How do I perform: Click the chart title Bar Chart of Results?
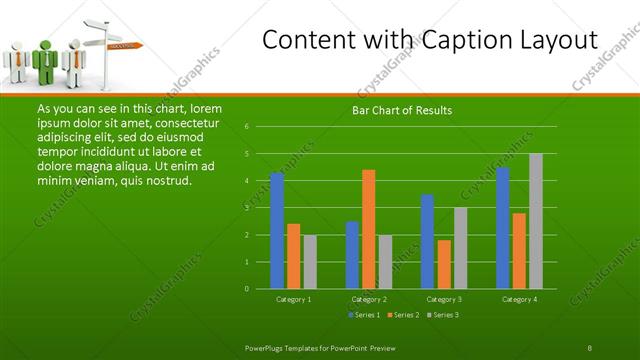click(x=401, y=110)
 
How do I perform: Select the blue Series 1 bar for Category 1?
click(x=277, y=230)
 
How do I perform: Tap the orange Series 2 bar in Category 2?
click(x=368, y=229)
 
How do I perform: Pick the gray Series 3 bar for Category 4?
click(x=535, y=221)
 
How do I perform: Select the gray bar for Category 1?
click(x=310, y=261)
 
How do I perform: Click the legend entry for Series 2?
click(x=402, y=315)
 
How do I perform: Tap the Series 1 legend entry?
click(x=363, y=315)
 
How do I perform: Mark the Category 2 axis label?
click(x=369, y=299)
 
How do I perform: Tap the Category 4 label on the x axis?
click(x=519, y=299)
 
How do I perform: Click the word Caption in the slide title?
click(x=436, y=41)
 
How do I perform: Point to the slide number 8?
click(x=590, y=347)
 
